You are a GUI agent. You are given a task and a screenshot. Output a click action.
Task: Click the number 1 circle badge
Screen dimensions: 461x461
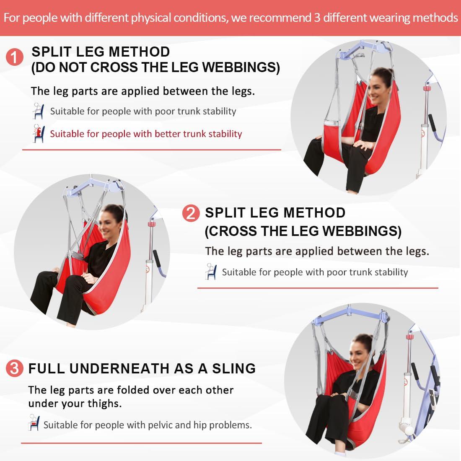[15, 57]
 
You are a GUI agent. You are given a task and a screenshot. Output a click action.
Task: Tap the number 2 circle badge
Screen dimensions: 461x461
[191, 214]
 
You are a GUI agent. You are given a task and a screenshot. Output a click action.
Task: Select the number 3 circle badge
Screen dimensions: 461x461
[15, 368]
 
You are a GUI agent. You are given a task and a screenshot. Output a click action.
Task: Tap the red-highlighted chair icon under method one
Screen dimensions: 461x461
[39, 134]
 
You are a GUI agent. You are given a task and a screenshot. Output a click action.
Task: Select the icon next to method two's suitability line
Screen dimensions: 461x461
[211, 272]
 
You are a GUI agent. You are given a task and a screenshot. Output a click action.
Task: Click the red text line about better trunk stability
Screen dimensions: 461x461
[146, 134]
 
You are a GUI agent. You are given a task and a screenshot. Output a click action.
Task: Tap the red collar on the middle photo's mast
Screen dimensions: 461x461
[151, 225]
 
